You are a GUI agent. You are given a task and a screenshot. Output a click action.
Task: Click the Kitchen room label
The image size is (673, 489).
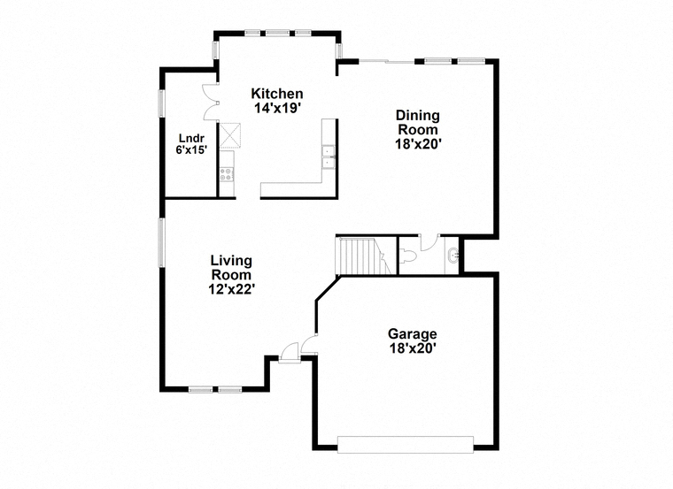click(277, 94)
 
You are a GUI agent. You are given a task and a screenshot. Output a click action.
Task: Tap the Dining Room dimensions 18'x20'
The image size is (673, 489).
click(419, 144)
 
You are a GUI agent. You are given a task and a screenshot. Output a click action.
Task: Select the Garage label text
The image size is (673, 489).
click(413, 333)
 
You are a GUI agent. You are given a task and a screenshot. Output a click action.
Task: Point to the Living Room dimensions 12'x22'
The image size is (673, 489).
click(232, 290)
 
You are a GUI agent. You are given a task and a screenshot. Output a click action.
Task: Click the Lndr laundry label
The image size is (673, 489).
click(191, 139)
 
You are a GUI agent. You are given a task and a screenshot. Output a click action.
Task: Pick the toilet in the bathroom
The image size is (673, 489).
click(408, 256)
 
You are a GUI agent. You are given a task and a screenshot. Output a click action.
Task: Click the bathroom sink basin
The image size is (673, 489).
click(453, 256)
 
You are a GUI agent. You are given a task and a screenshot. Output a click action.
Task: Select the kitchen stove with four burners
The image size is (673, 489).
click(226, 173)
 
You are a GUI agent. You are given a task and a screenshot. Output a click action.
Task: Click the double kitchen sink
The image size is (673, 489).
click(329, 157)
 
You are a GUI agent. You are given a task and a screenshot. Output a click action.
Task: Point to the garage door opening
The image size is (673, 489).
click(406, 445)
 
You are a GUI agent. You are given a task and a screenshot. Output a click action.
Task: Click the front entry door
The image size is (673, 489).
click(289, 353)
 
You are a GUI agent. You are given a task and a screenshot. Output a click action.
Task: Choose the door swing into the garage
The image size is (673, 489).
click(308, 345)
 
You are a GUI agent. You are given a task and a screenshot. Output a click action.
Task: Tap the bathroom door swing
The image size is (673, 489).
click(429, 242)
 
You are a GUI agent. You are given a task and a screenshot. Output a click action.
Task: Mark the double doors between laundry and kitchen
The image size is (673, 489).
click(211, 102)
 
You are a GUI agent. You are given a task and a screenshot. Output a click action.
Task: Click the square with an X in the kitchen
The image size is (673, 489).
click(229, 135)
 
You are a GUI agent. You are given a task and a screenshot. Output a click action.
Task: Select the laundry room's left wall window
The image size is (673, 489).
click(162, 103)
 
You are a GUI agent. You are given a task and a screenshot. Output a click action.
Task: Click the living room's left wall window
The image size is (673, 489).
click(162, 243)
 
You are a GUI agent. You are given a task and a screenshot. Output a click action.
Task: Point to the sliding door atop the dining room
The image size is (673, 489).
click(387, 62)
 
